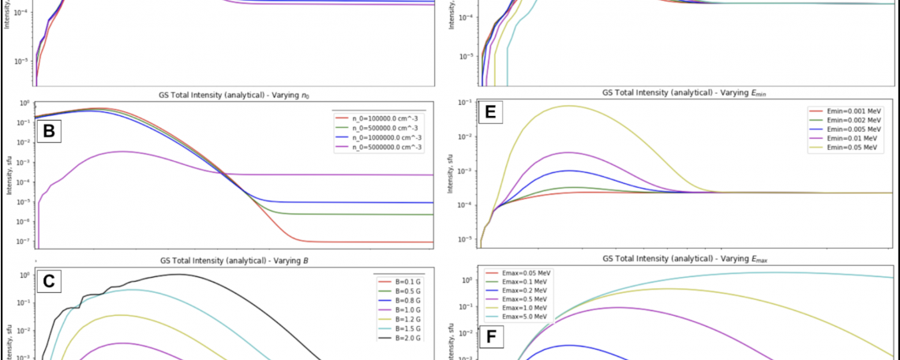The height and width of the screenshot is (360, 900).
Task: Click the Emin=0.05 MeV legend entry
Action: click(837, 148)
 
